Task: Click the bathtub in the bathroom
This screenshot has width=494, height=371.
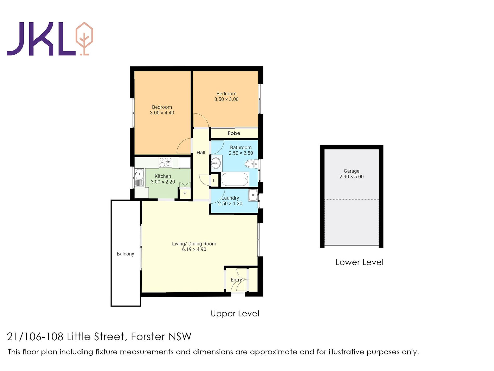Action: pyautogui.click(x=235, y=180)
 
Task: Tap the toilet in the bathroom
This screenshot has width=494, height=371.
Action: pyautogui.click(x=251, y=164)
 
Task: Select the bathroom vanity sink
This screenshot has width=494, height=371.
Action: pyautogui.click(x=216, y=164)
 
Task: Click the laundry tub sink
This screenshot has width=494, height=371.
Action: pyautogui.click(x=253, y=195)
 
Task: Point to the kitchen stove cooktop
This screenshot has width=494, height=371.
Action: pyautogui.click(x=165, y=162)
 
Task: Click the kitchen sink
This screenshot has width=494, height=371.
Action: pyautogui.click(x=139, y=174)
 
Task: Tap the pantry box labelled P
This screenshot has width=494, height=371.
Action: pyautogui.click(x=185, y=193)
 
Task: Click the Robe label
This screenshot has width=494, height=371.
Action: pyautogui.click(x=234, y=133)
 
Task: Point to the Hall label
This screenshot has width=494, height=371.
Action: pyautogui.click(x=201, y=153)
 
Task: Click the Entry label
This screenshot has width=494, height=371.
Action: pyautogui.click(x=236, y=280)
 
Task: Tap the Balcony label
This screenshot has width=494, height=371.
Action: pyautogui.click(x=125, y=254)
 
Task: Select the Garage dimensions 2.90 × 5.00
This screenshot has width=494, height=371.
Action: pyautogui.click(x=351, y=177)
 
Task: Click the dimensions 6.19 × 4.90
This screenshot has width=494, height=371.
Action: pyautogui.click(x=194, y=249)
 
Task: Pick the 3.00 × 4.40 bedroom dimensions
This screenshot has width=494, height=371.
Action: pyautogui.click(x=162, y=113)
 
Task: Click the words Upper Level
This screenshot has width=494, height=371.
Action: pyautogui.click(x=235, y=313)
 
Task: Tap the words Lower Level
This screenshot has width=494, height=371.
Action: pyautogui.click(x=359, y=262)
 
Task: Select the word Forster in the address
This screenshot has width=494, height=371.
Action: pyautogui.click(x=148, y=337)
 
